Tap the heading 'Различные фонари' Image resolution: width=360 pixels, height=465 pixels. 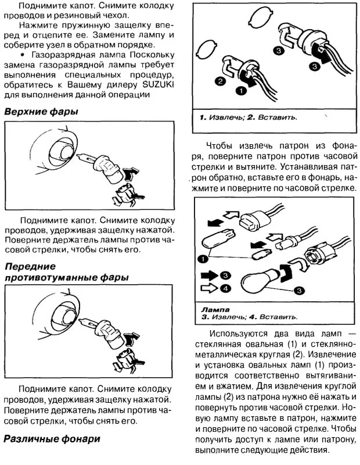[x=52, y=439]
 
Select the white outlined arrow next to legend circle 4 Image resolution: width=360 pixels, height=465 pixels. [x=208, y=287]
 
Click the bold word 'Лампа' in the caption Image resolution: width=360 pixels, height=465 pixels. [x=215, y=310]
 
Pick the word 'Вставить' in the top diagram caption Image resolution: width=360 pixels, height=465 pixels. [x=276, y=117]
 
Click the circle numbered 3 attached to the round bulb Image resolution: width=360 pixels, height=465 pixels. [x=300, y=289]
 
